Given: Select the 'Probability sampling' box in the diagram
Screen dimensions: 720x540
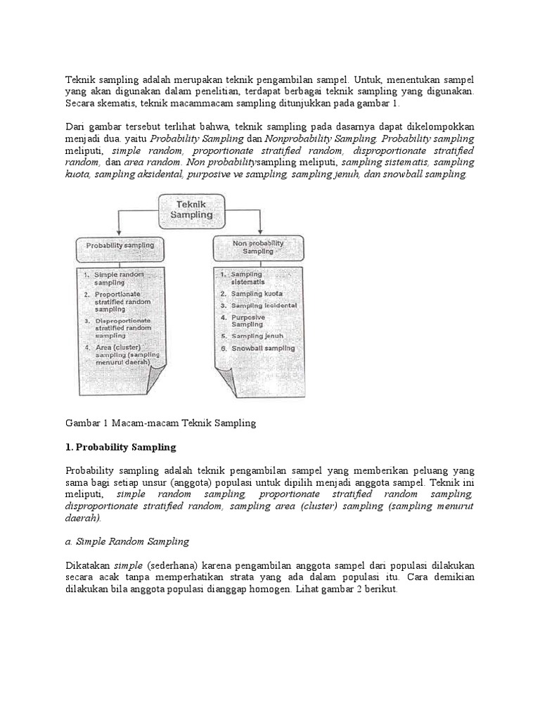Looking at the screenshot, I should pyautogui.click(x=120, y=247).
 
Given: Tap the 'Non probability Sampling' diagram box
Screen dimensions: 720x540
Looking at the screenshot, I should pyautogui.click(x=258, y=247).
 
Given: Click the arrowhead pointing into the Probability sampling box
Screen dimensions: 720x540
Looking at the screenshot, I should pyautogui.click(x=120, y=233).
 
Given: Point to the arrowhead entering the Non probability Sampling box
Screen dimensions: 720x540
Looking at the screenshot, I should pyautogui.click(x=260, y=231).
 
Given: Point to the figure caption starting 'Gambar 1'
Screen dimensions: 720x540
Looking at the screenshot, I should pyautogui.click(x=162, y=423).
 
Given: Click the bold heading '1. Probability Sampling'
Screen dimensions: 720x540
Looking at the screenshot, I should pyautogui.click(x=121, y=447).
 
